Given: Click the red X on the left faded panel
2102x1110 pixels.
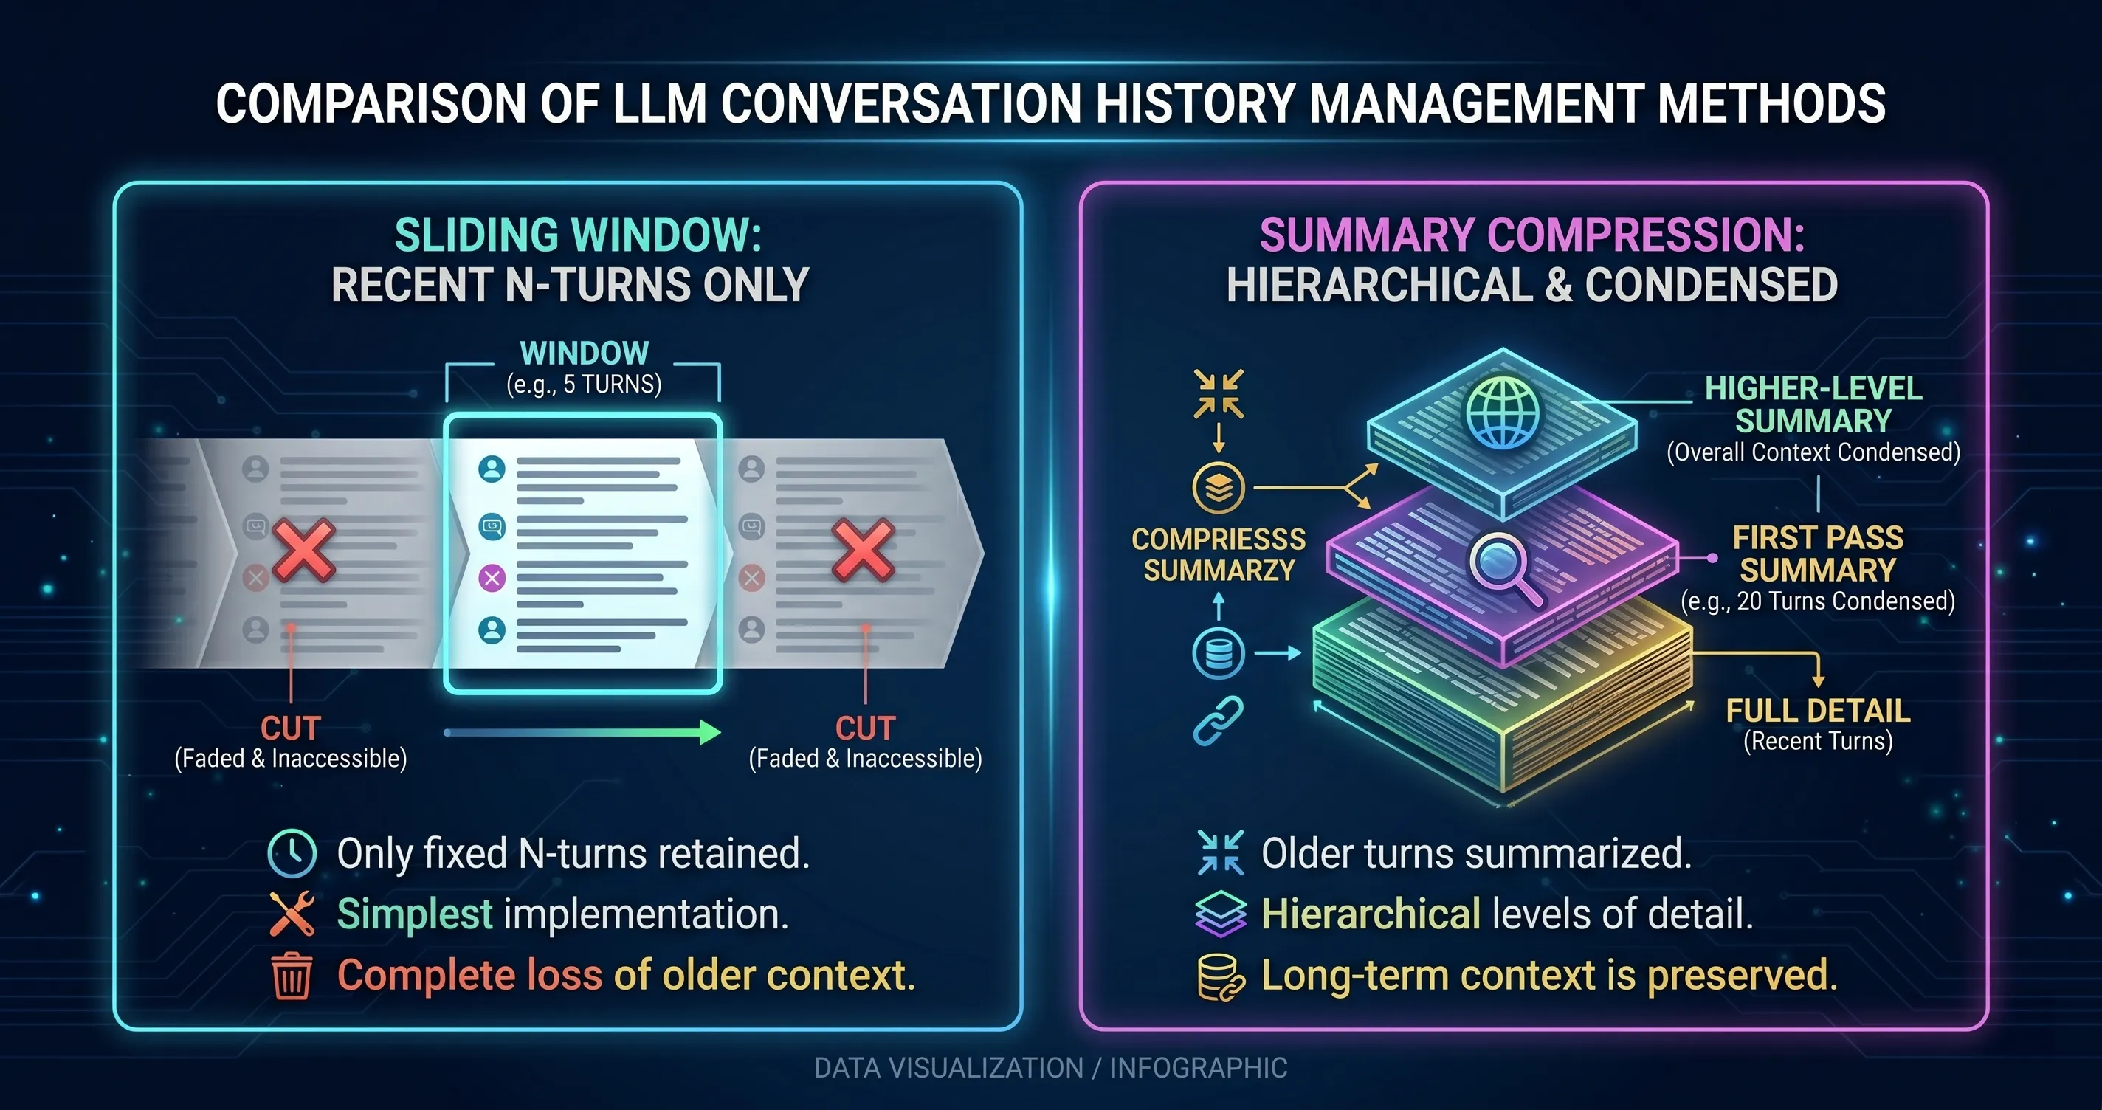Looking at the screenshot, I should (303, 549).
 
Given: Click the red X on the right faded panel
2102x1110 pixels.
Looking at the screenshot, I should (864, 549).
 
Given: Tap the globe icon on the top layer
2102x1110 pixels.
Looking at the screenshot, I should (1502, 411).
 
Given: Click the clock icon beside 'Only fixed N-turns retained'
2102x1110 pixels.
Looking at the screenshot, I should (292, 853).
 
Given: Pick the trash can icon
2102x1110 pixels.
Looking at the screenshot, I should (292, 976).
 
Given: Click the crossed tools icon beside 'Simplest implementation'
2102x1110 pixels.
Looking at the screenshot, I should (292, 913).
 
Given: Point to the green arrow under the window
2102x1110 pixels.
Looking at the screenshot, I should (582, 732).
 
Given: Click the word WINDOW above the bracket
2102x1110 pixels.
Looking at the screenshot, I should (585, 354).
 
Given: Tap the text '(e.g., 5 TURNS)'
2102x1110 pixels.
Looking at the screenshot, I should (585, 384).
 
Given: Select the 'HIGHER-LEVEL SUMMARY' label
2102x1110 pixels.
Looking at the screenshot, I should (1813, 405).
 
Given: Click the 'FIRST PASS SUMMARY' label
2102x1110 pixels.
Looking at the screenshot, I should (1817, 554).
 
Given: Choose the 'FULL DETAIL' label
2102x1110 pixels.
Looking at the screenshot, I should (1818, 710).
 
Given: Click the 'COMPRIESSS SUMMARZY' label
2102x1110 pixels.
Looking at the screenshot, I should (1219, 554).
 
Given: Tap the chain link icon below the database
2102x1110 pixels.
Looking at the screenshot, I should (1219, 720).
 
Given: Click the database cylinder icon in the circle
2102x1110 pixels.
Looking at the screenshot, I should (1219, 653).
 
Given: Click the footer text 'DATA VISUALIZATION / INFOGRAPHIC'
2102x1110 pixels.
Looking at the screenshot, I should (1051, 1067).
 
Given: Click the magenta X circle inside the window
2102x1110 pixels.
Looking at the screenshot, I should (492, 579).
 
